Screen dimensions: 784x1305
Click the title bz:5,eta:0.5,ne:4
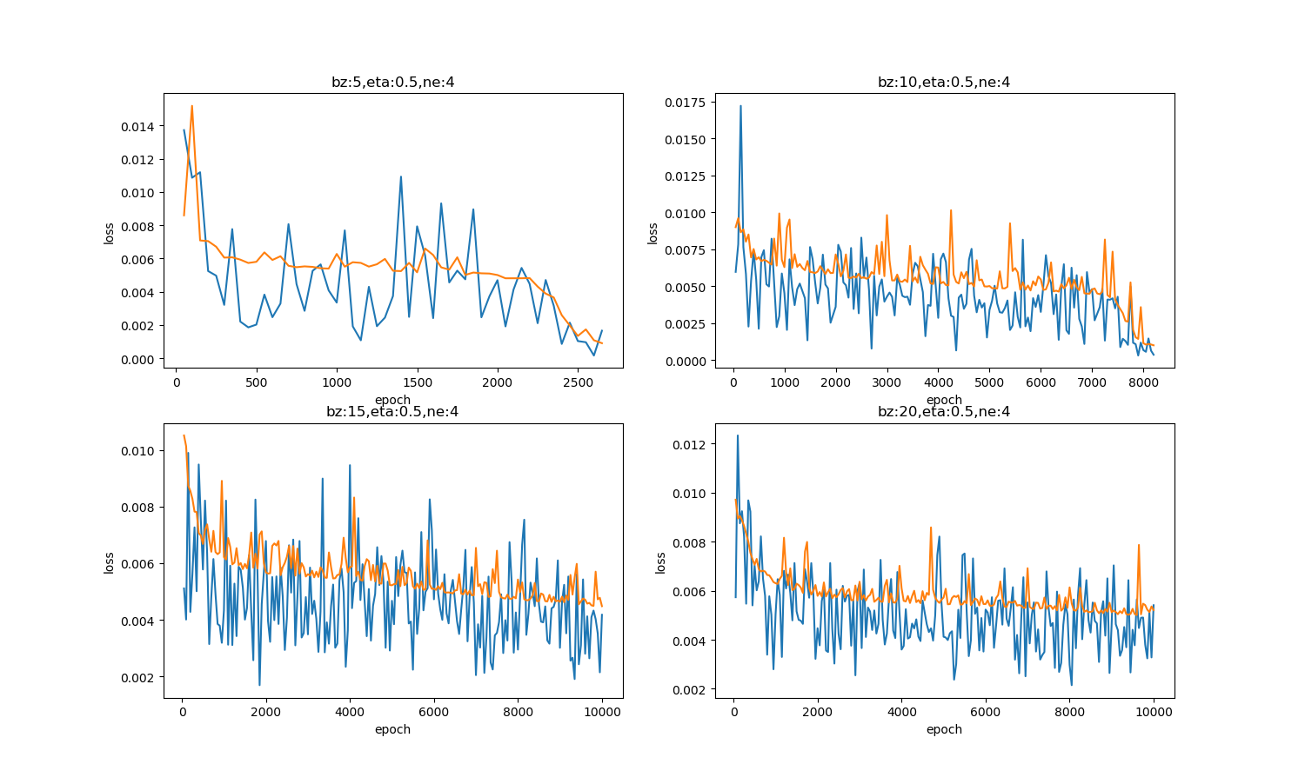coord(392,83)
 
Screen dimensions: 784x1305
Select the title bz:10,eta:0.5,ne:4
coord(944,83)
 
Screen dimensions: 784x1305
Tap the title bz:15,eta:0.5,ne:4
coord(392,412)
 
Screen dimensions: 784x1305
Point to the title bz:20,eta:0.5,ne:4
coord(944,412)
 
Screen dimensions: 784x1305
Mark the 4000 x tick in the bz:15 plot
coord(350,710)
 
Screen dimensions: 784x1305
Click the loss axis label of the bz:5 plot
coord(109,233)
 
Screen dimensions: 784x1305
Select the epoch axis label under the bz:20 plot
coord(944,729)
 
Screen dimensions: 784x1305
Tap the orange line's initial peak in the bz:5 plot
coord(191,106)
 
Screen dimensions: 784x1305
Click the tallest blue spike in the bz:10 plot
coord(740,106)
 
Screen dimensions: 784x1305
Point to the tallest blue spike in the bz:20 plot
coord(738,435)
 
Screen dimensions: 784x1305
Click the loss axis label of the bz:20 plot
coord(660,562)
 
